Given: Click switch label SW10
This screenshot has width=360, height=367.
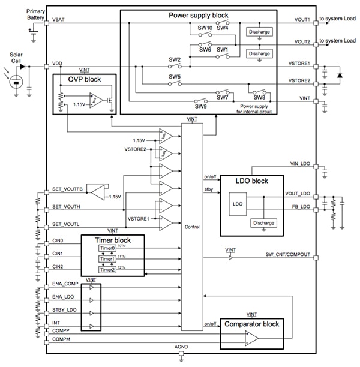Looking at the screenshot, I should pyautogui.click(x=206, y=28).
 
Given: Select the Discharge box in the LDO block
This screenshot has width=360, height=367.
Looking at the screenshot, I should pyautogui.click(x=264, y=222).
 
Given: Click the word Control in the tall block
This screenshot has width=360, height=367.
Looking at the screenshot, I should pyautogui.click(x=192, y=227).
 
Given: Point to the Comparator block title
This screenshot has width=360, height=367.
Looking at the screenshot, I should pyautogui.click(x=251, y=324).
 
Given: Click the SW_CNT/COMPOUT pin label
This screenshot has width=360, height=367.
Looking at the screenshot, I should pyautogui.click(x=288, y=255).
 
